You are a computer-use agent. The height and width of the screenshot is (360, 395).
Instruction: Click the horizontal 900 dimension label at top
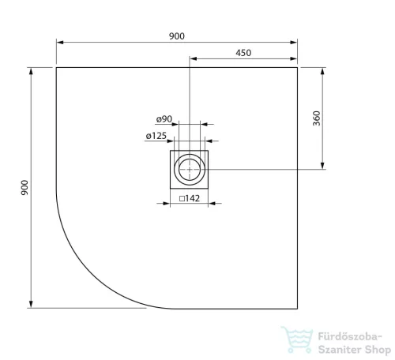click(177, 36)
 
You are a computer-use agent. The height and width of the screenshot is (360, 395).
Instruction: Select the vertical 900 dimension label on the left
click(24, 188)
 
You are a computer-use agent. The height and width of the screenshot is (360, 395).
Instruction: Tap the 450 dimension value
click(243, 53)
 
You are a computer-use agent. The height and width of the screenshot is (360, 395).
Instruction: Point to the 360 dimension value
click(317, 118)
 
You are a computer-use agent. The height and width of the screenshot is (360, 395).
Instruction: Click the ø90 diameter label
click(164, 119)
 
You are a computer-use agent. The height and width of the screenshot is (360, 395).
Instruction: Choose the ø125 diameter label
click(156, 136)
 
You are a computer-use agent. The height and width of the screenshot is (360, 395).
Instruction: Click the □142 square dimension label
click(190, 198)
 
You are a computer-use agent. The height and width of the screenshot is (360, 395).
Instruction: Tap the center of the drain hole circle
click(190, 170)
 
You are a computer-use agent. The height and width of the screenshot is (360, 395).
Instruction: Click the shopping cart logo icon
click(298, 339)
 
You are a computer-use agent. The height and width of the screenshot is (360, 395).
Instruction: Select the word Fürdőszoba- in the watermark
click(350, 336)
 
